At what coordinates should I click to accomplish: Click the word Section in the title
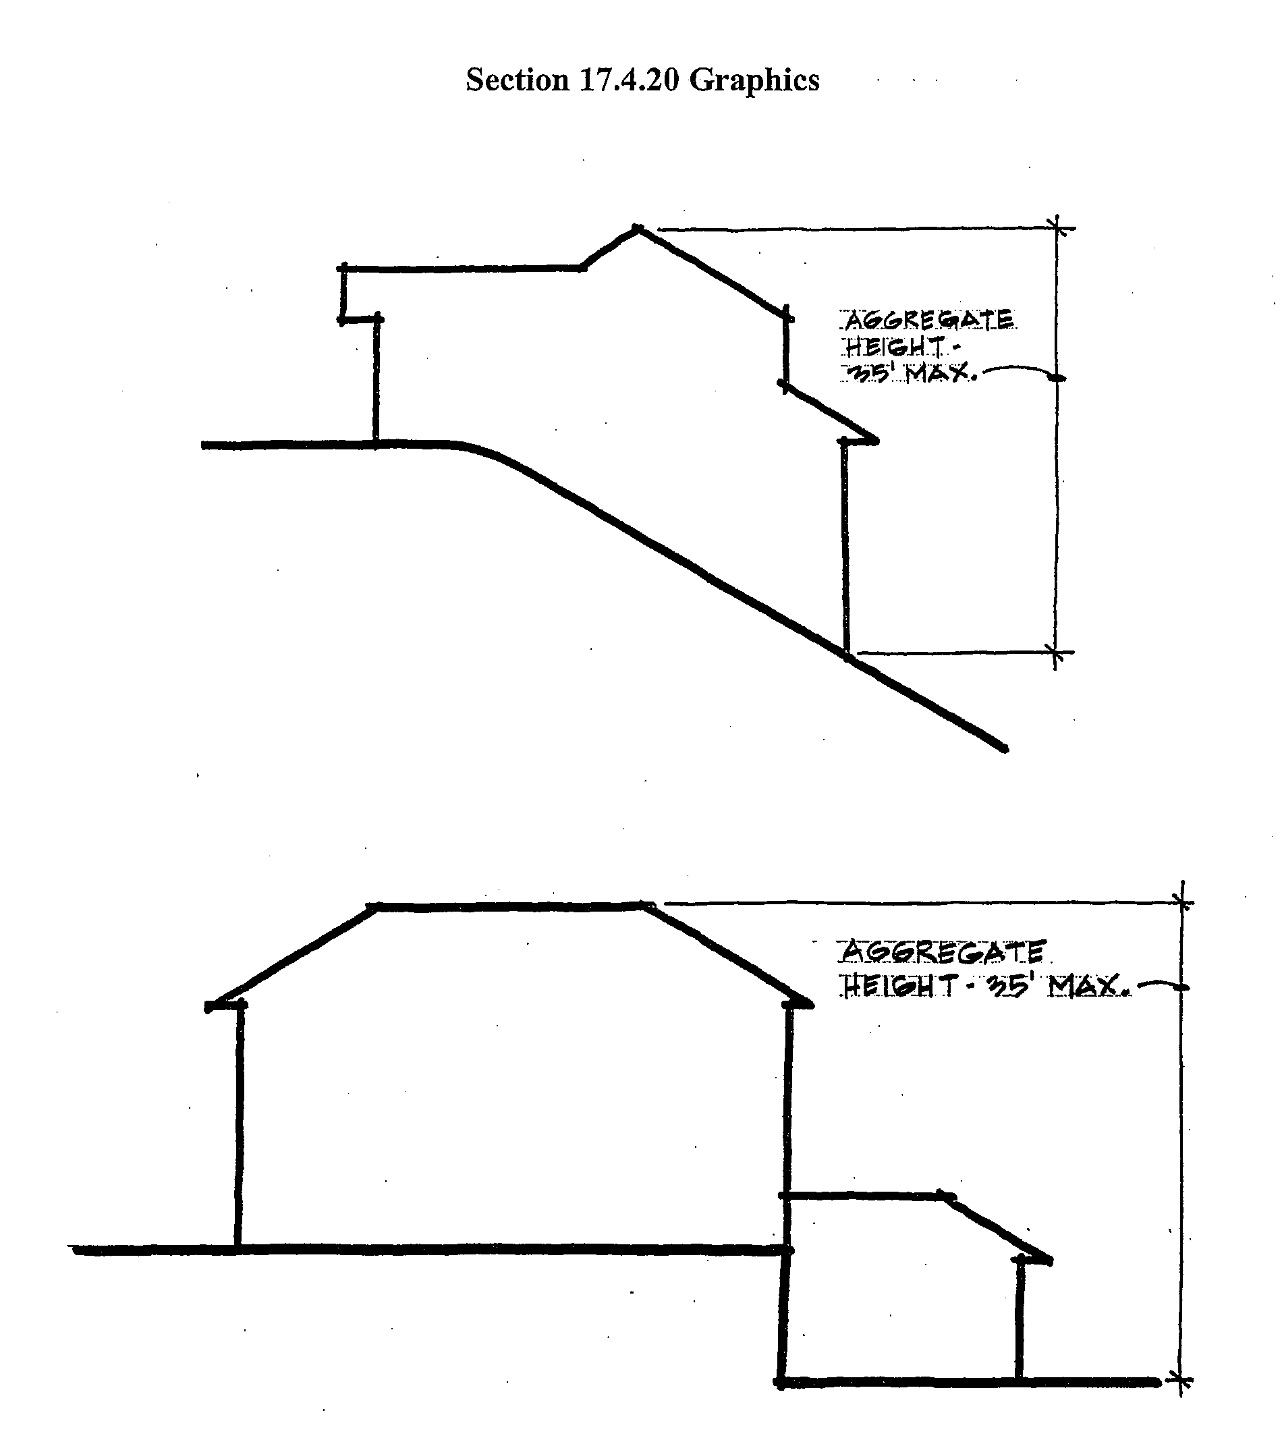[517, 80]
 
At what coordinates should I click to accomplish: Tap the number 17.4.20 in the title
[628, 80]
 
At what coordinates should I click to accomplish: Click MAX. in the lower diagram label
[1089, 986]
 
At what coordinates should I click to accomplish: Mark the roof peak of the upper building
[638, 228]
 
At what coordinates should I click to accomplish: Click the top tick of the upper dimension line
[1056, 228]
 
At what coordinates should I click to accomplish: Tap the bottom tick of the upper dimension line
[1055, 653]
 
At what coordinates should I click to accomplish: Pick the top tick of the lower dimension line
[1183, 902]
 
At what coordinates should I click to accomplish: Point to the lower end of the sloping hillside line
[1004, 749]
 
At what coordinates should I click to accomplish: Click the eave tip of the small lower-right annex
[1049, 1260]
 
